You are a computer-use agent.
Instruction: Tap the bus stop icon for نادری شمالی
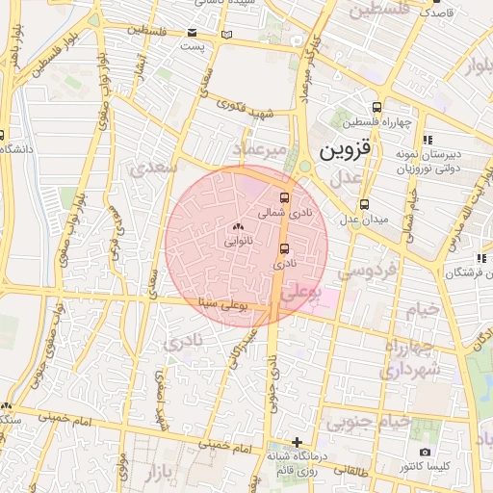tap(283, 197)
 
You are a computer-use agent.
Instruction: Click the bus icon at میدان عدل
tap(364, 204)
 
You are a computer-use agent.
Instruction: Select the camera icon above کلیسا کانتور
tap(425, 452)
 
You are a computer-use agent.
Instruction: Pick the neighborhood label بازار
tap(165, 474)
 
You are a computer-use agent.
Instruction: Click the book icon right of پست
tap(227, 35)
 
